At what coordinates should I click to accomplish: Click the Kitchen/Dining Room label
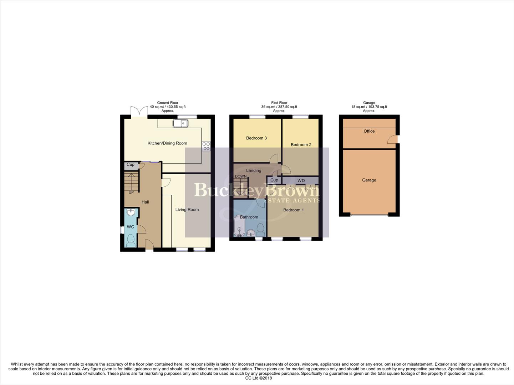(x=167, y=143)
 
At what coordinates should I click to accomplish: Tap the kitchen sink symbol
(x=180, y=123)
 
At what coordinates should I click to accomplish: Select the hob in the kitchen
(x=206, y=146)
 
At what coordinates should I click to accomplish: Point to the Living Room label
(x=187, y=210)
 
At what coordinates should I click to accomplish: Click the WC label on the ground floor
(x=131, y=227)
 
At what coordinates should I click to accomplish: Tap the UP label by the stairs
(x=131, y=192)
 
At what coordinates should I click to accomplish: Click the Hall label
(x=145, y=202)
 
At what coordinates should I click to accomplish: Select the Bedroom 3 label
(x=256, y=138)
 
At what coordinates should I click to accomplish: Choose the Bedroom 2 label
(x=301, y=145)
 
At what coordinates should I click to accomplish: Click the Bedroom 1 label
(x=294, y=210)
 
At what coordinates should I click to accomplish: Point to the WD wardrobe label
(x=301, y=180)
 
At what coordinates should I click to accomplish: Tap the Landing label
(x=254, y=170)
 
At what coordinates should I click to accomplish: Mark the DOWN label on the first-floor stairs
(x=241, y=176)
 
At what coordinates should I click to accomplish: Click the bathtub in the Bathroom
(x=239, y=227)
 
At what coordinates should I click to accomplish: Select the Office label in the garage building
(x=369, y=131)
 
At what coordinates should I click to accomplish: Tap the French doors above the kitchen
(x=139, y=112)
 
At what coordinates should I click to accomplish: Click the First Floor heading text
(x=279, y=103)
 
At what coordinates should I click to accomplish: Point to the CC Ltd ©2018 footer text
(x=259, y=378)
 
